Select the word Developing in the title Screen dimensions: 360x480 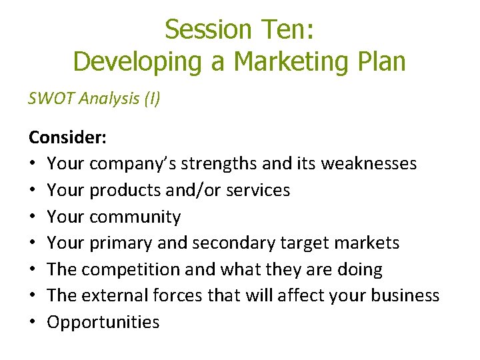(139, 61)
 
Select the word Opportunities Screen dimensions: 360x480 (103, 323)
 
